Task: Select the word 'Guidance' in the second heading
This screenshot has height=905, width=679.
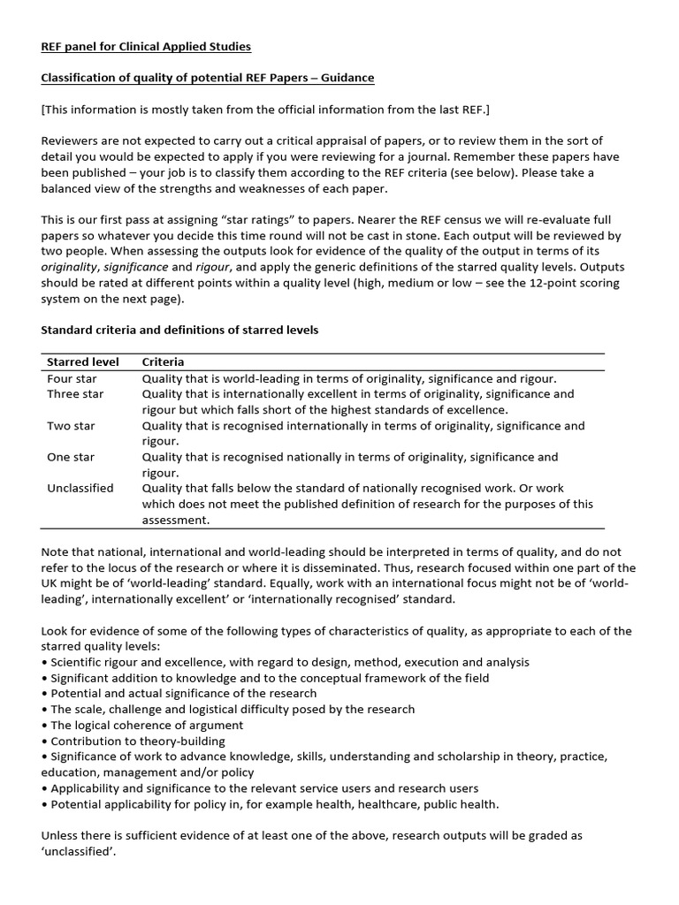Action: [344, 78]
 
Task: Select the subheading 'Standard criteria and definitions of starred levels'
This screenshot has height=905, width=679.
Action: [180, 330]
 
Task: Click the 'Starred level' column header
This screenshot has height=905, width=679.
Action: [80, 362]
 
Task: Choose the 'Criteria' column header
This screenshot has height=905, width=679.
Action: [164, 362]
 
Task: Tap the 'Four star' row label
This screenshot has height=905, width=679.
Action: [72, 378]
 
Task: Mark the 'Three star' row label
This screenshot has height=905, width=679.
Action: [75, 394]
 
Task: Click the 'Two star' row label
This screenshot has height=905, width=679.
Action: [71, 426]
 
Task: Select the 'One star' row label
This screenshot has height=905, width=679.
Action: [71, 457]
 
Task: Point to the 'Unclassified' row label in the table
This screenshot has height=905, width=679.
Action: [80, 489]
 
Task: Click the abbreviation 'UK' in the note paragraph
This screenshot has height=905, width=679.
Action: [51, 583]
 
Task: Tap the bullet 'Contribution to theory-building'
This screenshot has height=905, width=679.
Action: [137, 741]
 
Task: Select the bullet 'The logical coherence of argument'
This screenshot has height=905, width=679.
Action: [146, 725]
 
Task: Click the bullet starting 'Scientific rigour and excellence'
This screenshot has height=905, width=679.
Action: [289, 662]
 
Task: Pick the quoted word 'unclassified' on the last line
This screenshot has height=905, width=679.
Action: [78, 851]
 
